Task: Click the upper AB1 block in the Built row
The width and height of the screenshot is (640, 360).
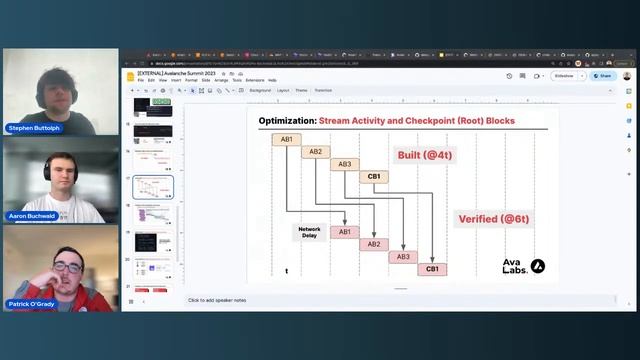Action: (x=286, y=139)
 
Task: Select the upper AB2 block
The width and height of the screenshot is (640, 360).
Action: (x=315, y=152)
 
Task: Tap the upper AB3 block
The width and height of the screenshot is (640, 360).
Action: (x=345, y=164)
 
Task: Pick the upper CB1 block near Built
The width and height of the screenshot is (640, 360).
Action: (x=374, y=177)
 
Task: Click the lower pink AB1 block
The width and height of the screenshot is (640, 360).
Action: (x=345, y=232)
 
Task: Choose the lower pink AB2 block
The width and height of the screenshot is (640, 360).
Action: (x=374, y=244)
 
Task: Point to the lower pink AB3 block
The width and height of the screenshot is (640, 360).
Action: (x=403, y=257)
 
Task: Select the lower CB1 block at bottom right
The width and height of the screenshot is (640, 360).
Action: (x=432, y=269)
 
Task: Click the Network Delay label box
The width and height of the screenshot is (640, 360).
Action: (x=310, y=232)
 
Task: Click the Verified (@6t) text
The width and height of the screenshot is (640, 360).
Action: (x=494, y=219)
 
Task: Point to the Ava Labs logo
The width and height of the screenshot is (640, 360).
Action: (x=523, y=267)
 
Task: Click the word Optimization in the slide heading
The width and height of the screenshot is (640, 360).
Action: (x=287, y=121)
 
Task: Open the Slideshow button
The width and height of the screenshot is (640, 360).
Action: (x=564, y=75)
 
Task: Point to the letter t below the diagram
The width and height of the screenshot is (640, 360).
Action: (x=286, y=270)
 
